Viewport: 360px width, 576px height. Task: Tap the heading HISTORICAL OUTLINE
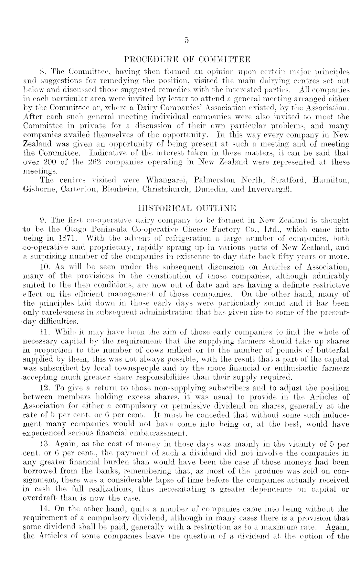187,207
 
